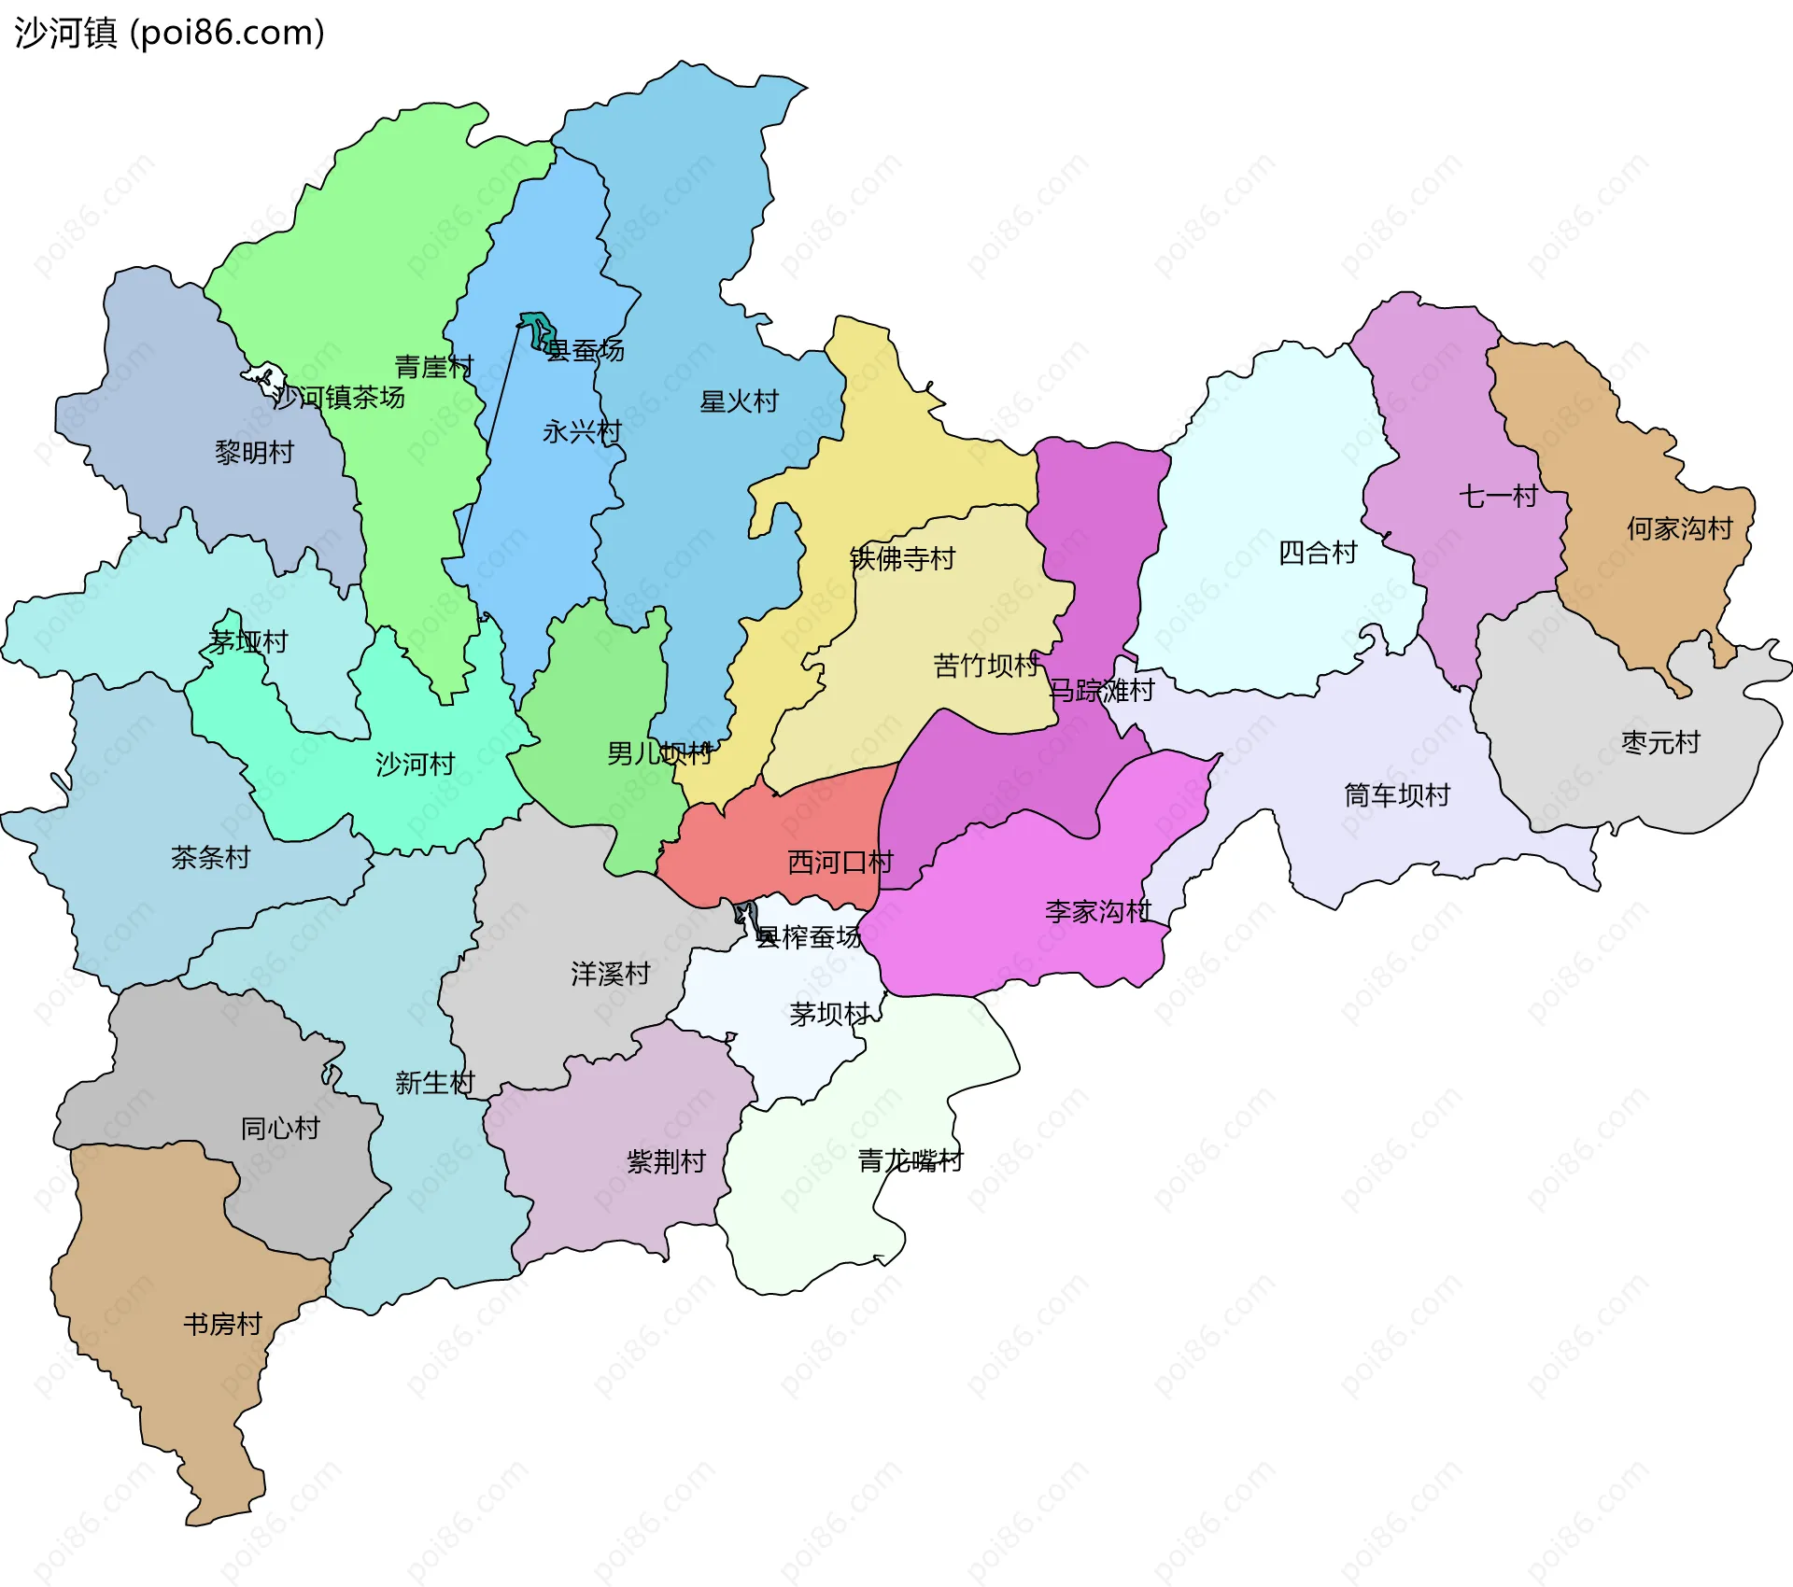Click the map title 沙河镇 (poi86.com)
click(169, 33)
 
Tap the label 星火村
click(739, 402)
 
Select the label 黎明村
click(254, 453)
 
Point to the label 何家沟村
click(1679, 529)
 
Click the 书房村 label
click(222, 1325)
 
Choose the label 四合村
click(1317, 554)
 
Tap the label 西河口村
click(840, 863)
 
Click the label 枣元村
click(1660, 743)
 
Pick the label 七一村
click(1498, 497)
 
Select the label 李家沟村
click(1097, 912)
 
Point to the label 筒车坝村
click(1396, 795)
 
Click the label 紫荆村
click(666, 1162)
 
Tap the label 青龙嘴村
click(910, 1161)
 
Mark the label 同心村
click(280, 1129)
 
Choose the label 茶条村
click(210, 858)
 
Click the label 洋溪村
click(610, 975)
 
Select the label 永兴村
click(582, 432)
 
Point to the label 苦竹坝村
click(986, 667)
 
